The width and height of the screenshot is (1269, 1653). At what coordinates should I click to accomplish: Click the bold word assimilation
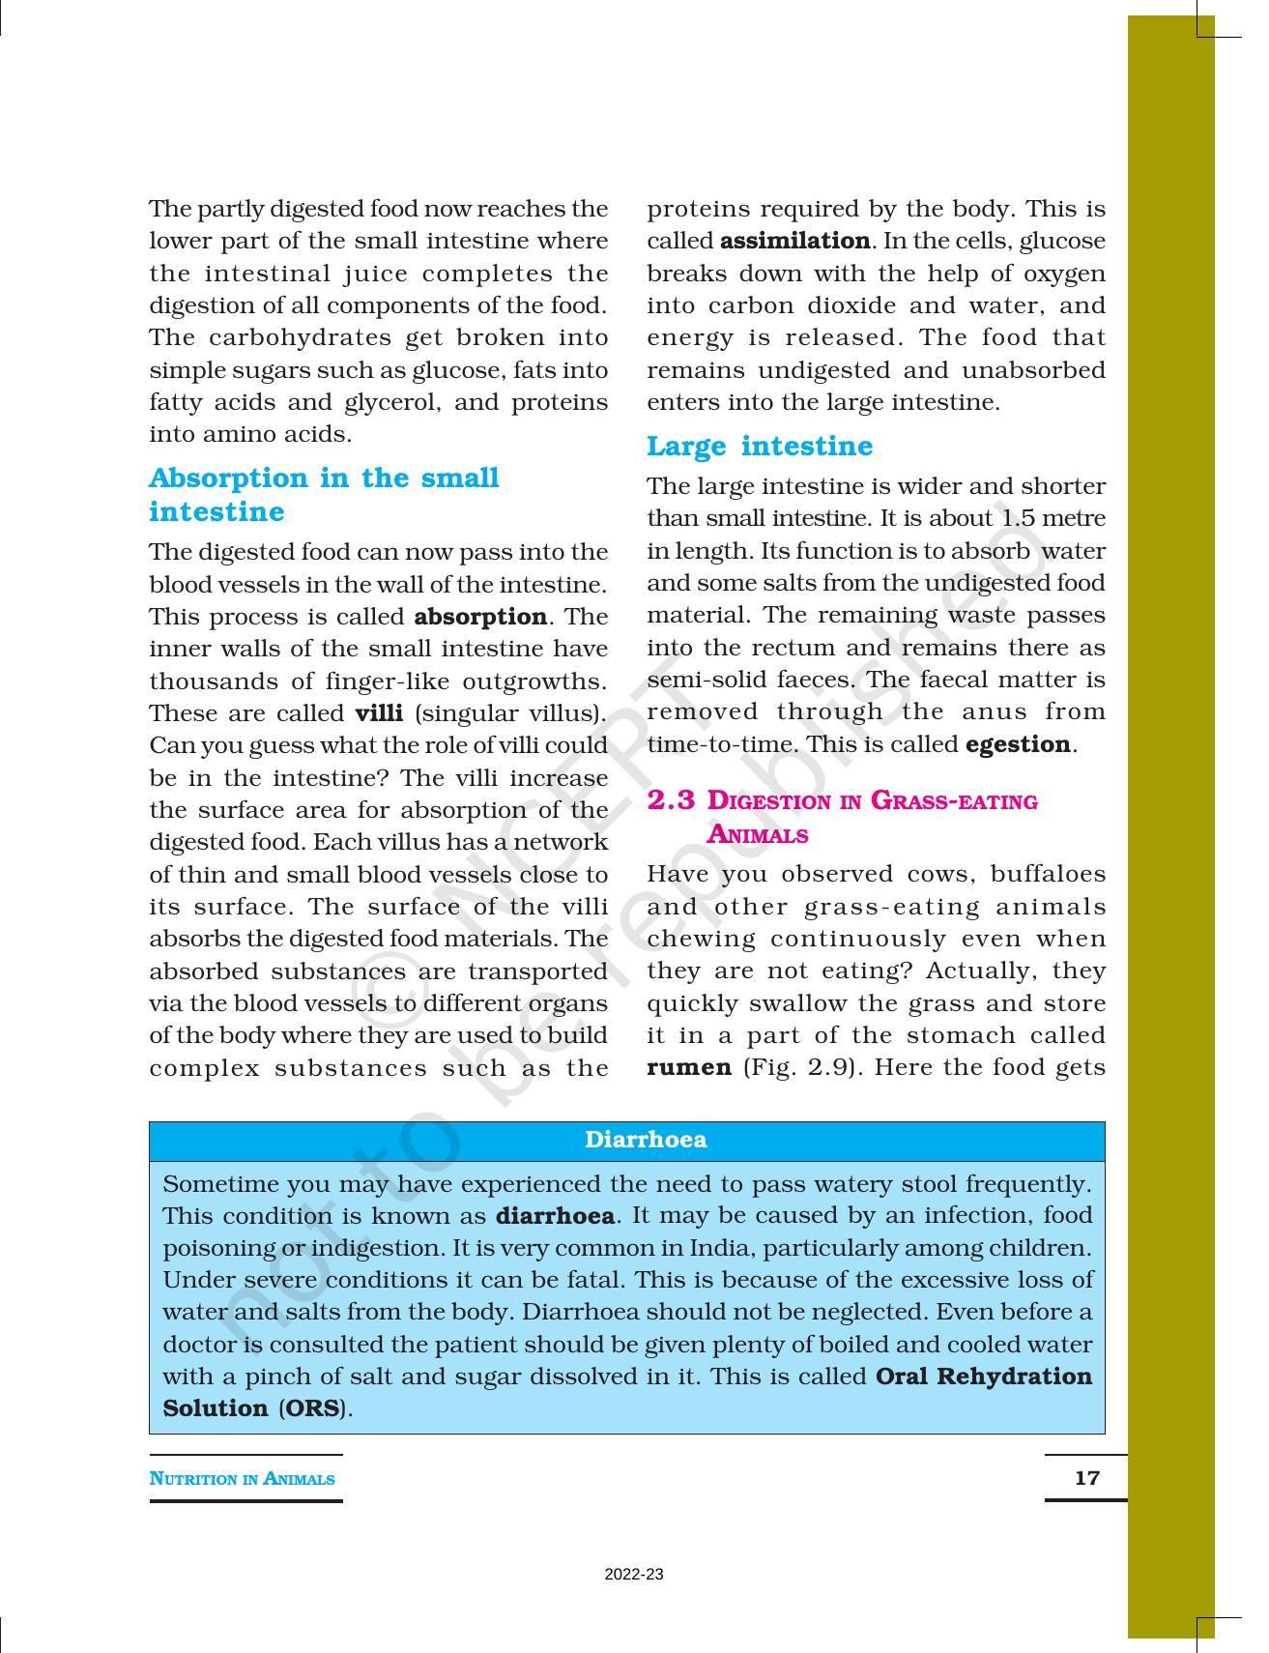coord(795,241)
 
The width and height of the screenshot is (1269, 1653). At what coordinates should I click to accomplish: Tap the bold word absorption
coord(480,617)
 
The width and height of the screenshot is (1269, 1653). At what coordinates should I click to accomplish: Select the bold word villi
coord(379,713)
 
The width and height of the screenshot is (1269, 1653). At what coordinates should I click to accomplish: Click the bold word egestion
coord(1018,744)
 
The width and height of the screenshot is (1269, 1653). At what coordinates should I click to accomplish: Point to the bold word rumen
coord(689,1067)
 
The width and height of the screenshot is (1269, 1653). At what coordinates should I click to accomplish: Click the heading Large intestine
coord(759,447)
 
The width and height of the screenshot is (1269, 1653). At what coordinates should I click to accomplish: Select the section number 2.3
coord(671,800)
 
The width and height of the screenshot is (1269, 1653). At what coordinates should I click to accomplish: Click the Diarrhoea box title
coord(646,1140)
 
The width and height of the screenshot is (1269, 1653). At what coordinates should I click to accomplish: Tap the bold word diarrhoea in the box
coord(555,1215)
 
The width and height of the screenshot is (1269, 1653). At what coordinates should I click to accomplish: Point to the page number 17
coord(1086,1478)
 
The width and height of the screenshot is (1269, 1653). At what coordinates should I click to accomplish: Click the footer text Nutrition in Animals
coord(243,1479)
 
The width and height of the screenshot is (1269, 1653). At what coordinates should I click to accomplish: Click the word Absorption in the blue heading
coord(229,478)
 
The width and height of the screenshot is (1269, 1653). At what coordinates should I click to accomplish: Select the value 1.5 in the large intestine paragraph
coord(1018,518)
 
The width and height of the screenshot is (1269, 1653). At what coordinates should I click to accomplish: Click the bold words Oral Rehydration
coord(983,1377)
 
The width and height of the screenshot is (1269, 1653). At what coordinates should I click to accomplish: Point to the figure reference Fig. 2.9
coord(798,1067)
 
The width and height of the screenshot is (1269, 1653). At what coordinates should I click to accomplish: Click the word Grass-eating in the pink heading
coord(954,801)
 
